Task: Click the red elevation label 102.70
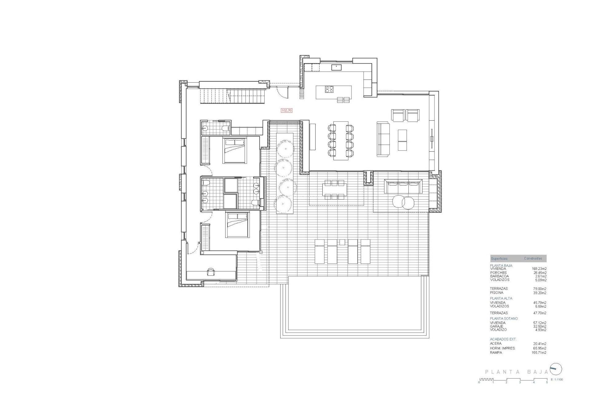[286, 110]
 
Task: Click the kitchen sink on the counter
[336, 67]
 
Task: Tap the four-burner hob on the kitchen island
[329, 89]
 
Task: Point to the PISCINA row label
[497, 293]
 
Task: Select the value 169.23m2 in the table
[539, 269]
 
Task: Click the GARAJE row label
[497, 326]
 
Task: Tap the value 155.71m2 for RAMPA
[539, 353]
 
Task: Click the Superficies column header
[499, 259]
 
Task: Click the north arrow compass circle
[556, 369]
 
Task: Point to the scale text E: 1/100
[557, 379]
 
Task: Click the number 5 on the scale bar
[547, 382]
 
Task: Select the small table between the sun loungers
[342, 242]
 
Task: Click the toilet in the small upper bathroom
[226, 129]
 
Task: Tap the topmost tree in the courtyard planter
[285, 149]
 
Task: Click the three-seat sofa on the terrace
[403, 186]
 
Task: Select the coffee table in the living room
[402, 140]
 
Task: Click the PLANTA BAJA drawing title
[516, 372]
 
